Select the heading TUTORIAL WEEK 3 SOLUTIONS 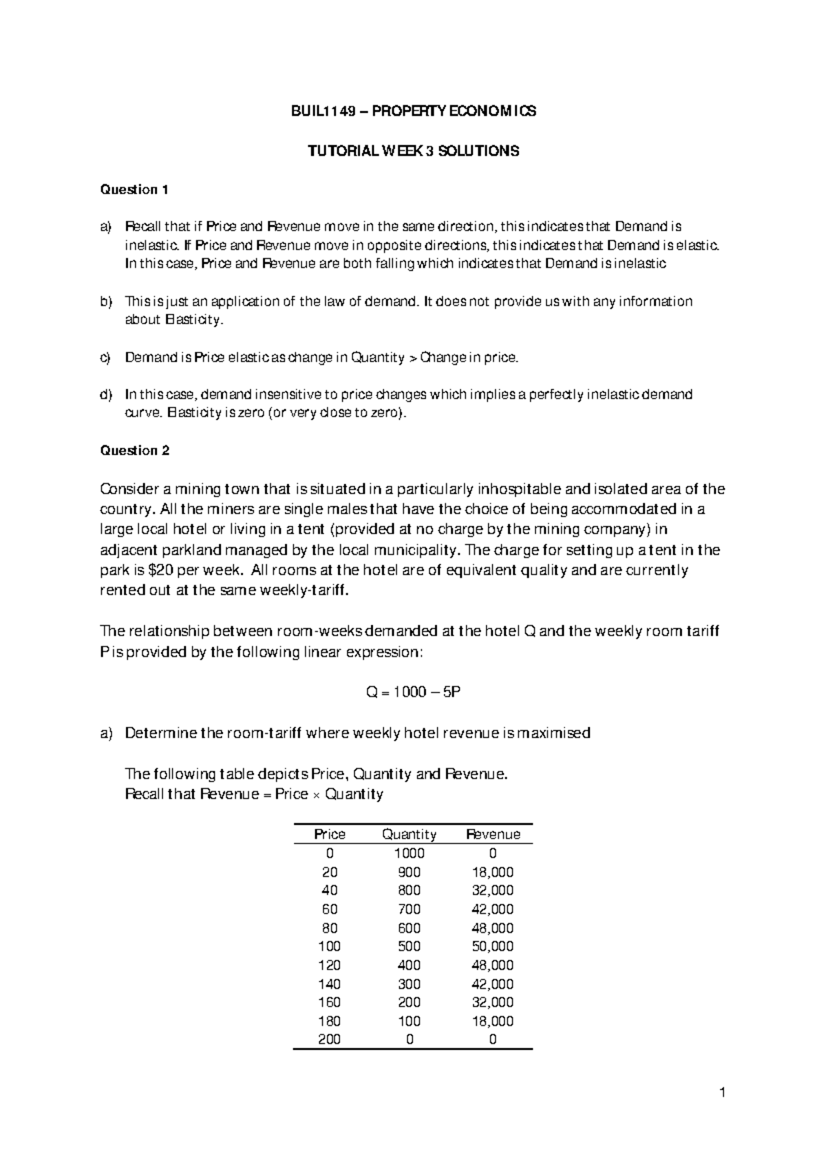[413, 151]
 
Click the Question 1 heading [134, 189]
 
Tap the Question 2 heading [134, 451]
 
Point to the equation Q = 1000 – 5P [413, 693]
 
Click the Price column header [329, 834]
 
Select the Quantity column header [409, 834]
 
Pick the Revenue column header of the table [493, 834]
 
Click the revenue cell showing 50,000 [493, 947]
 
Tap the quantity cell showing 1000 [409, 854]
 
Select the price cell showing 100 [329, 947]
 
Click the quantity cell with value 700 [409, 909]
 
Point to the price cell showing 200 [329, 1040]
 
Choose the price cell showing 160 [329, 1002]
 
